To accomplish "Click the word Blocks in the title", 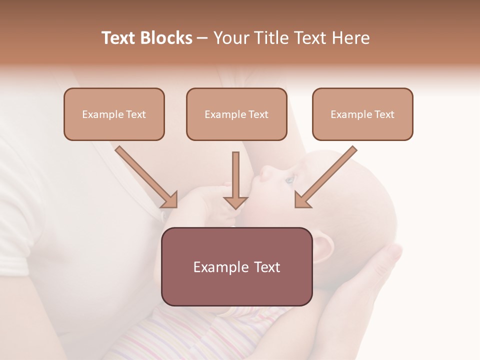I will click(166, 38).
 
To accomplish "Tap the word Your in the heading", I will click(231, 38).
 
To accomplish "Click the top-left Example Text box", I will click(114, 114).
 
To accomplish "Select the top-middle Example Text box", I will click(236, 114).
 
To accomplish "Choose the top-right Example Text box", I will click(362, 114).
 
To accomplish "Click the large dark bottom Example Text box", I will click(236, 267).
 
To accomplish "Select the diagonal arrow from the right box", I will click(325, 177).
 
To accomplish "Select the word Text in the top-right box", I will click(384, 114).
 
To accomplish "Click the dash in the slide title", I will click(202, 38).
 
